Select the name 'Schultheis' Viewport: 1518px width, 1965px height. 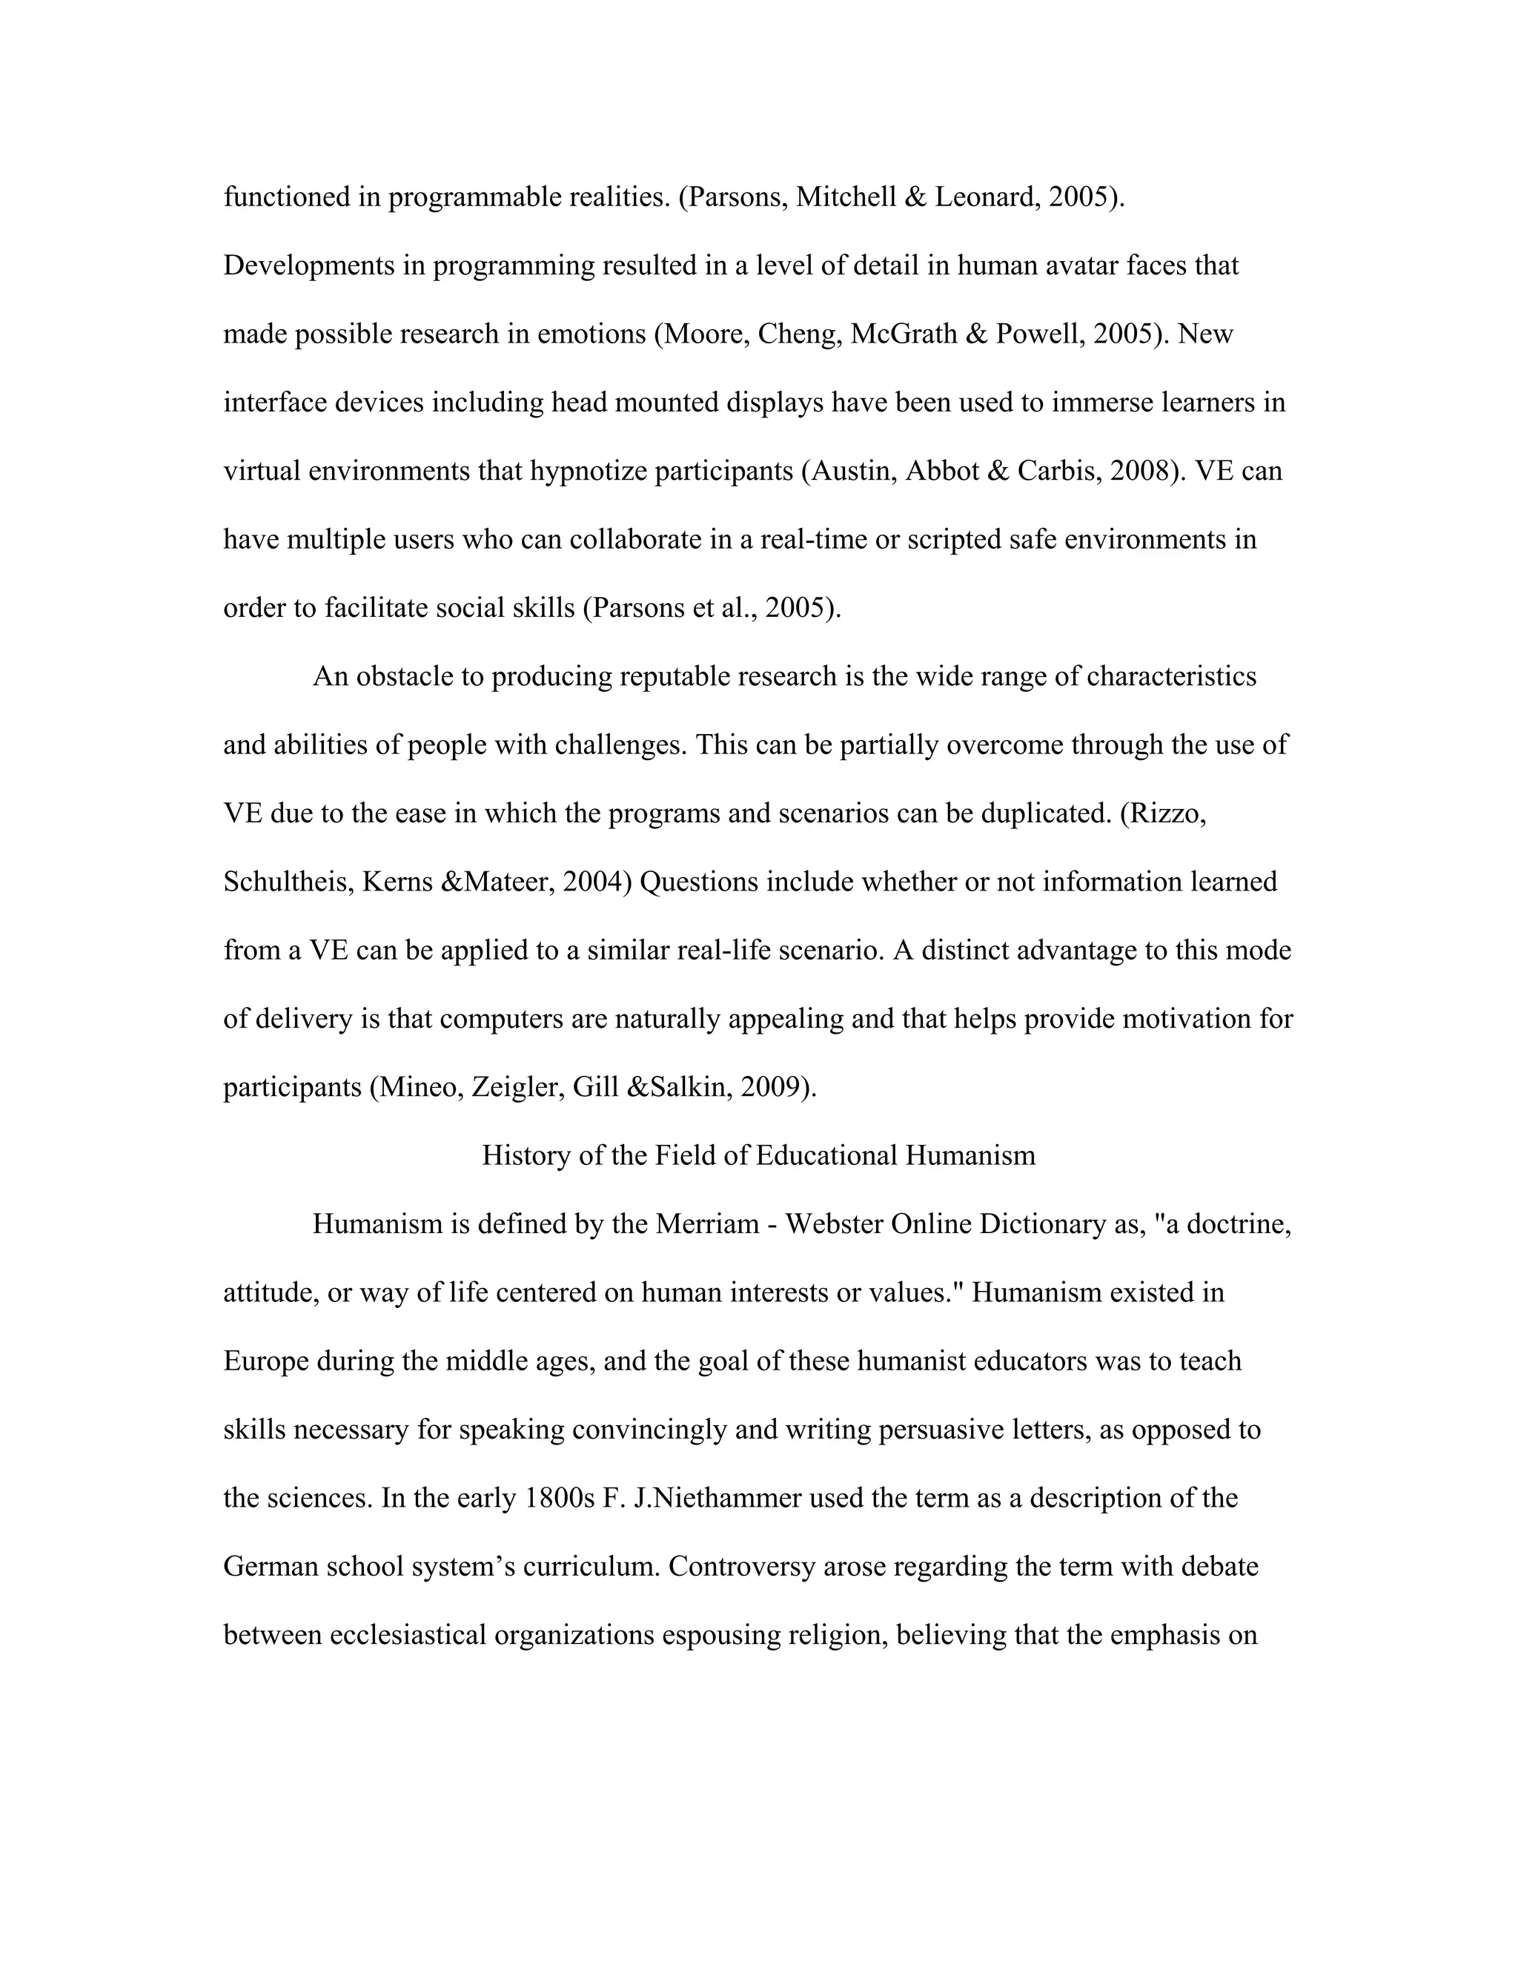click(x=288, y=882)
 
